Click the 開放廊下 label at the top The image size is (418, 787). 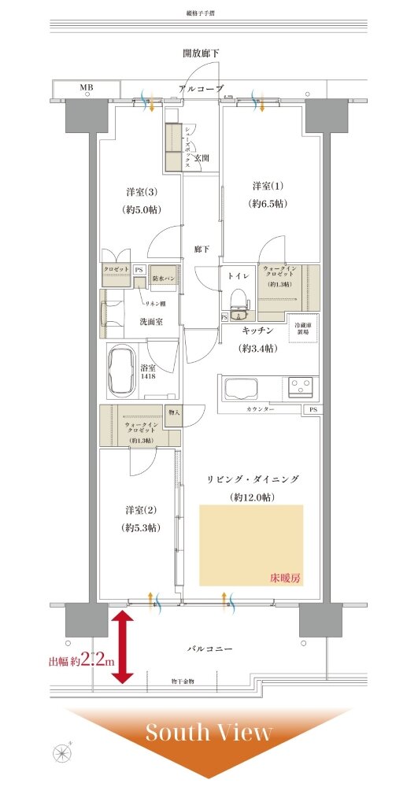pos(201,53)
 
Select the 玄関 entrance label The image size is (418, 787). pos(202,158)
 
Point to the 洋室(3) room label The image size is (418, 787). pos(140,192)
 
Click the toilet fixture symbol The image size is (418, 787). pos(236,299)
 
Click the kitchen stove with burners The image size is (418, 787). pos(301,386)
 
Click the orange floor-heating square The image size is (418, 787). pos(250,545)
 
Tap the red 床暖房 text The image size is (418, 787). pos(284,578)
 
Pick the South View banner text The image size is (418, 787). pos(209,733)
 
